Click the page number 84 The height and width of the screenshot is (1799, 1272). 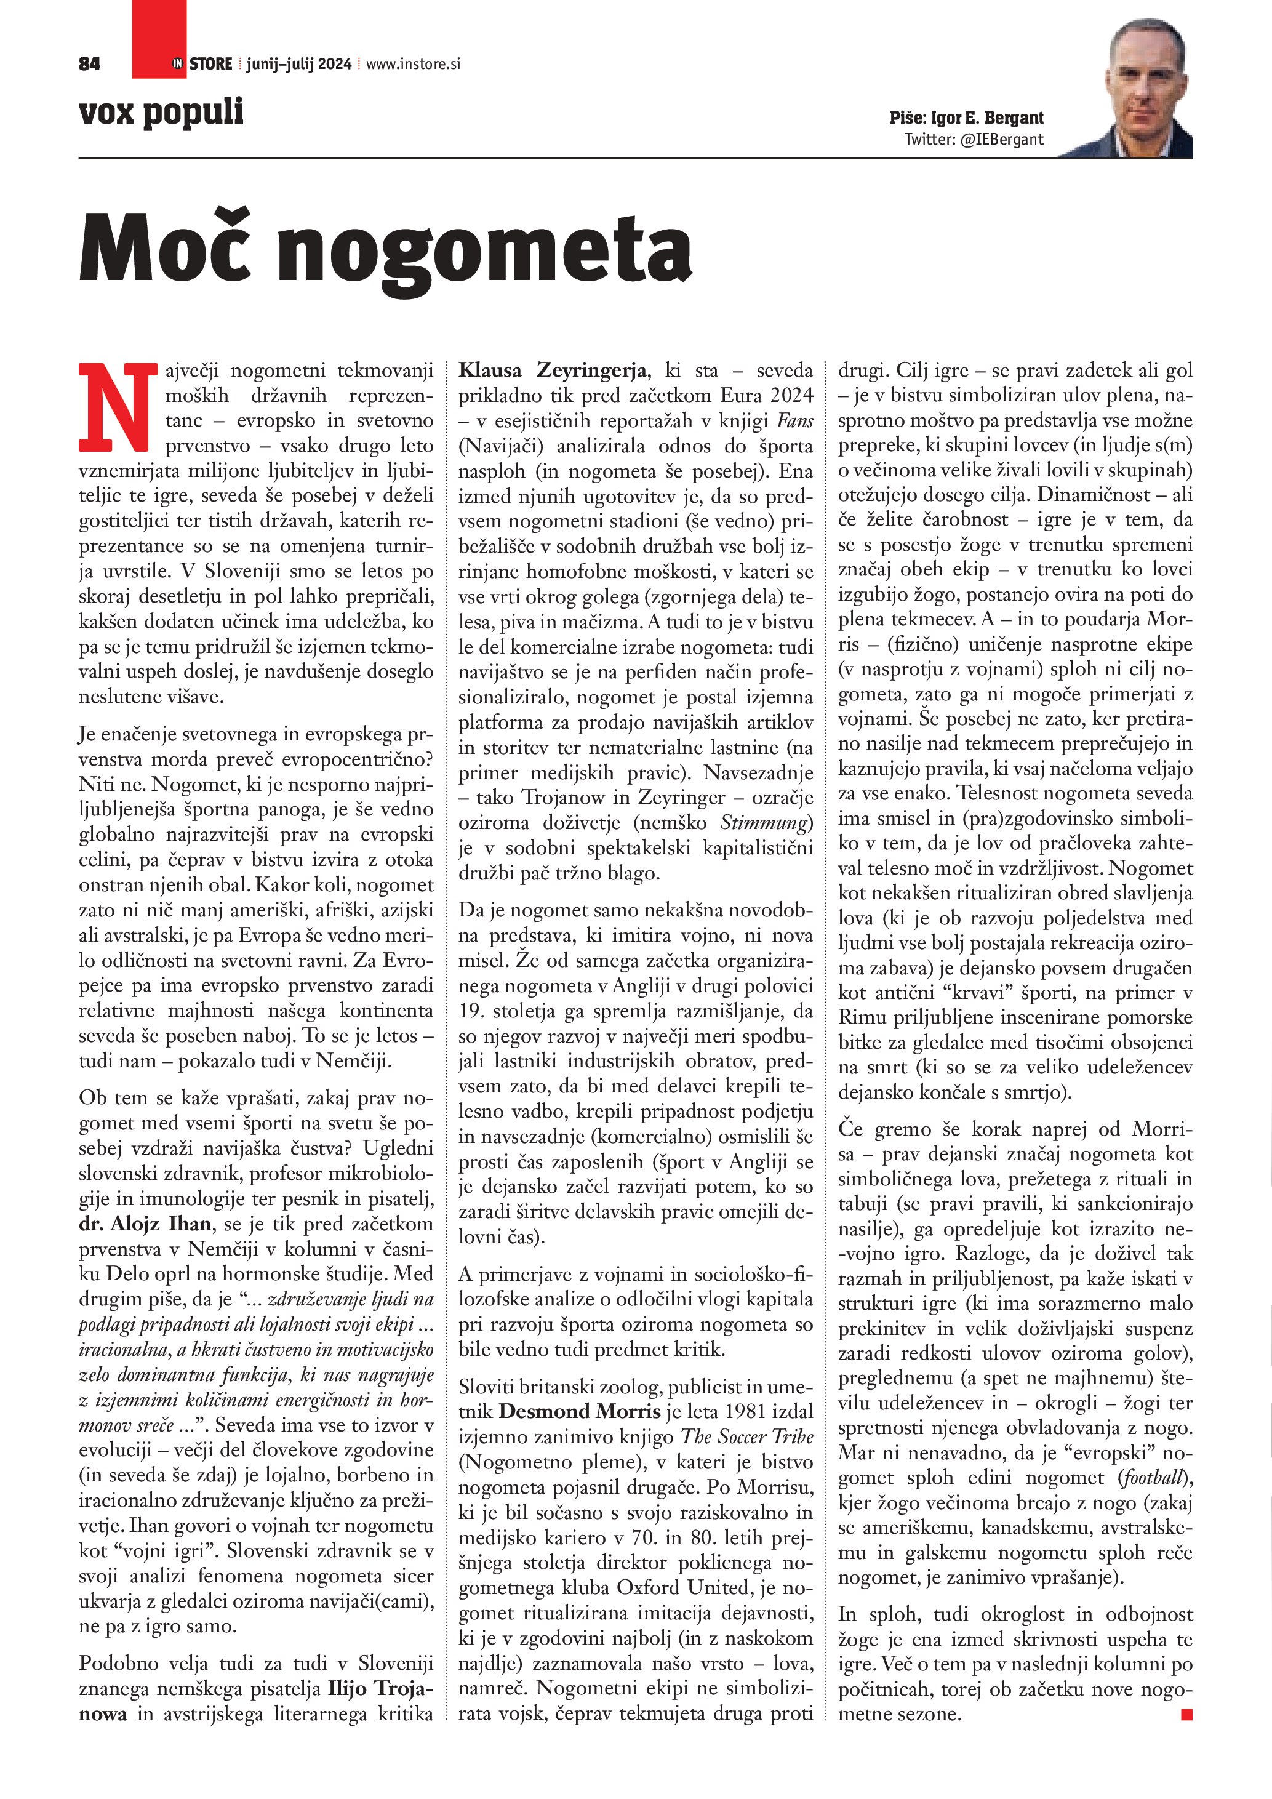coord(89,64)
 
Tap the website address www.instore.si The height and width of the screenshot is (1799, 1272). coord(413,64)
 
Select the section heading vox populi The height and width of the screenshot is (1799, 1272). coord(161,111)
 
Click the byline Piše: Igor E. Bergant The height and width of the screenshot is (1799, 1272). coord(966,118)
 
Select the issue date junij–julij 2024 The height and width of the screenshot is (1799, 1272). coord(298,64)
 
